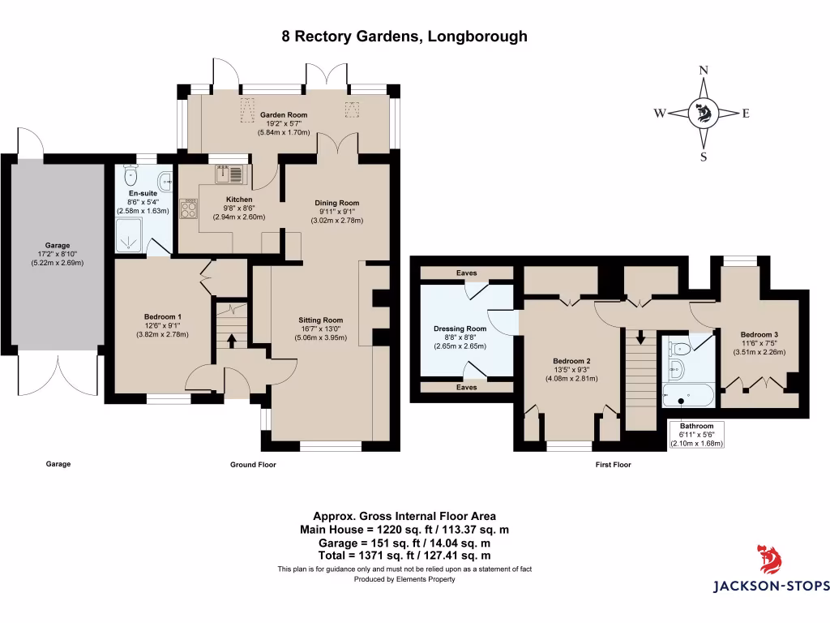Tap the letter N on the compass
coord(703,71)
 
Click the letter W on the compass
coord(661,114)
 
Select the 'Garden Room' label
coord(284,115)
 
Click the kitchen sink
coord(229,174)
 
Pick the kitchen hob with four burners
coord(190,209)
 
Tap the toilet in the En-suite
coord(130,176)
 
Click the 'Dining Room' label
coord(336,203)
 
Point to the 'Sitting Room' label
coord(320,320)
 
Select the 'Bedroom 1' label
coord(162,316)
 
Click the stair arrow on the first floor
coord(640,336)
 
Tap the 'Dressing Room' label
coord(460,329)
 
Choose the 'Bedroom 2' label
coord(571,361)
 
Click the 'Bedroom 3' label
coord(759,335)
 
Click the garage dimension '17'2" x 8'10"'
coord(58,254)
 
